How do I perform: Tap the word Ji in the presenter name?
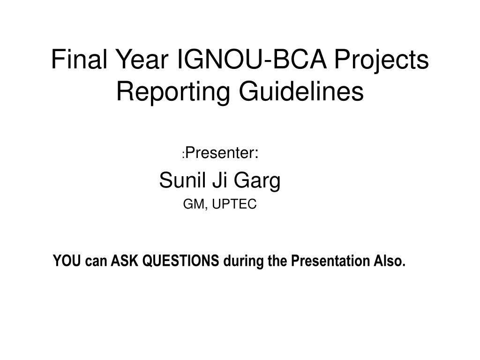(x=219, y=180)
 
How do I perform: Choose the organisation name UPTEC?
(x=234, y=204)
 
